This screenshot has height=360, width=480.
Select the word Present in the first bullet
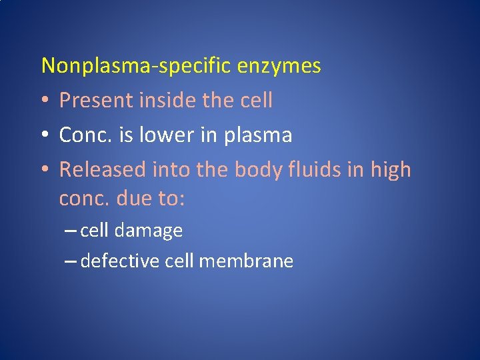click(97, 101)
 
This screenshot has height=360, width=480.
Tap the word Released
click(103, 170)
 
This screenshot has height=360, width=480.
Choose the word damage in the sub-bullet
click(149, 231)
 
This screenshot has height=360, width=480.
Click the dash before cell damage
click(71, 231)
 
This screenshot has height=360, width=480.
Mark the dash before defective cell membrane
click(71, 261)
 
